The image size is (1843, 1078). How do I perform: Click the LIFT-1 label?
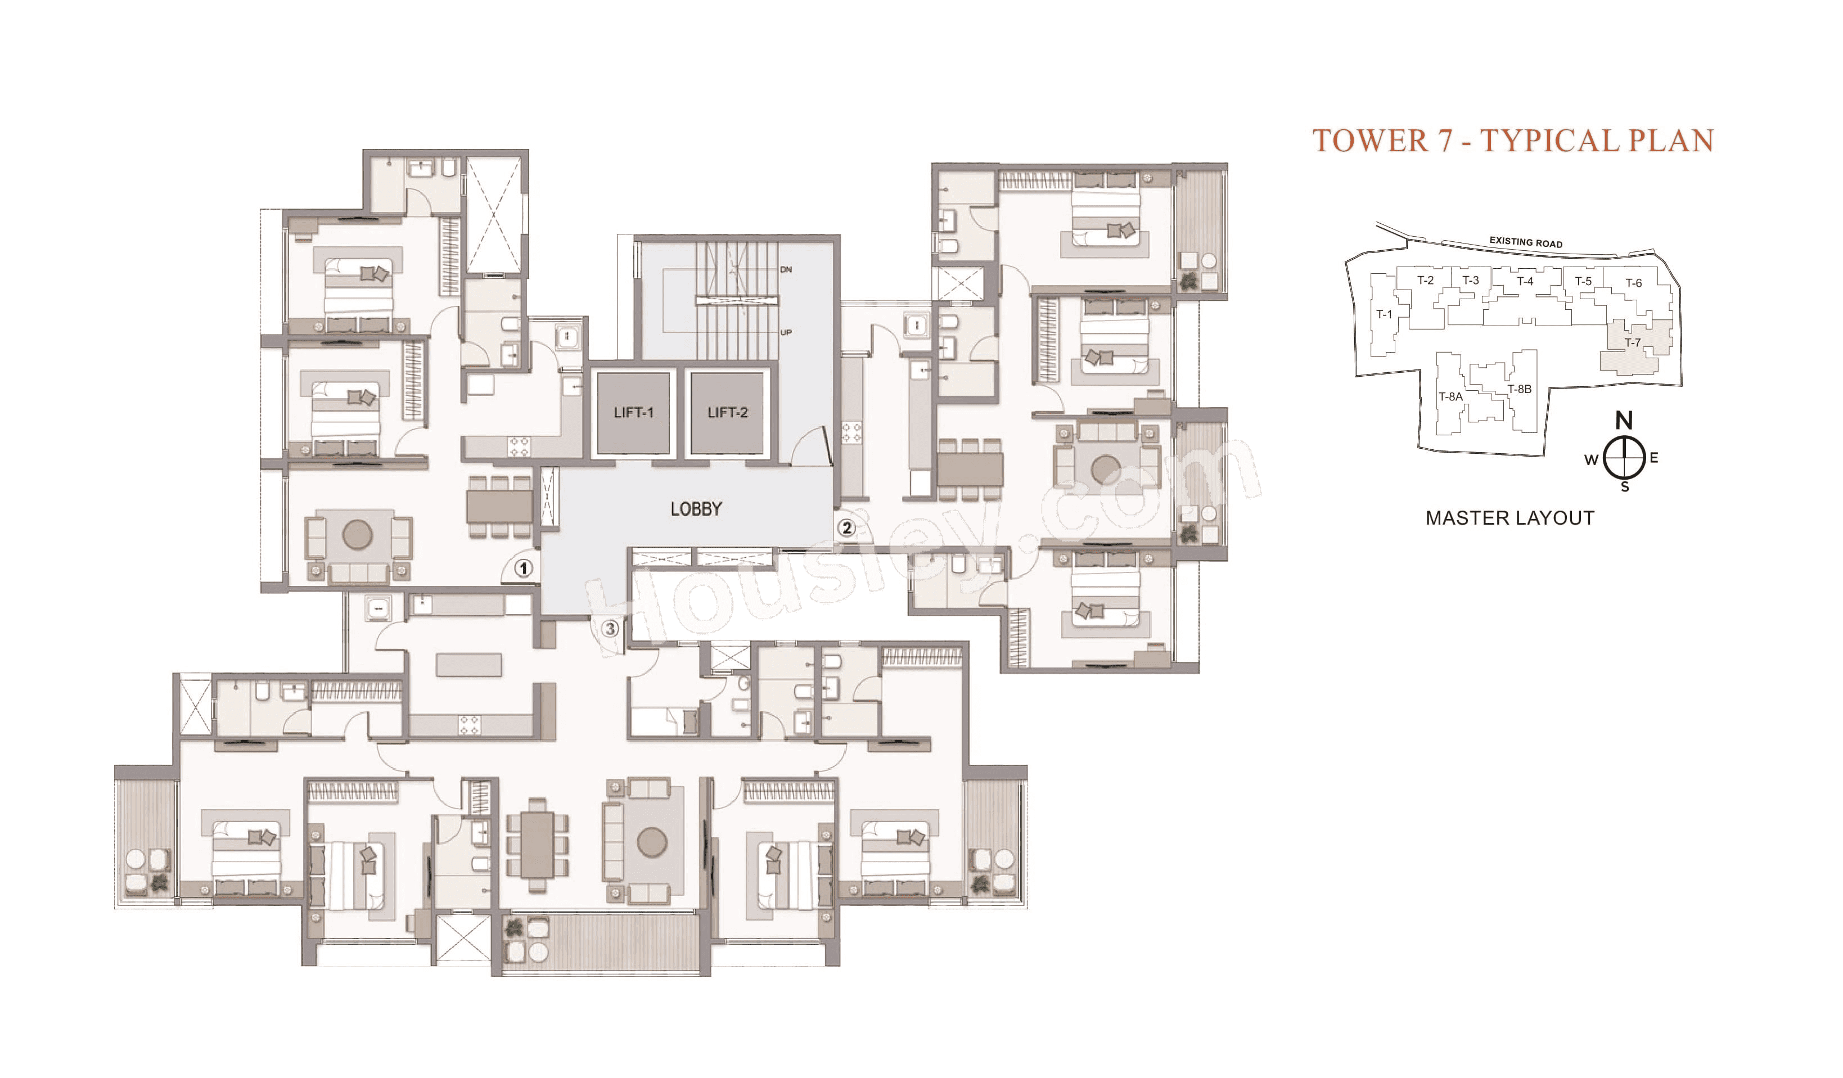(x=633, y=413)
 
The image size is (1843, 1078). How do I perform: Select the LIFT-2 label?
(x=727, y=413)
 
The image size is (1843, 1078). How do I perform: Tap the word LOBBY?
(x=696, y=509)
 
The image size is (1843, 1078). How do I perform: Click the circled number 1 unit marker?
(x=523, y=569)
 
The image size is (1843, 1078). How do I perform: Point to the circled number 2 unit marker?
(x=846, y=527)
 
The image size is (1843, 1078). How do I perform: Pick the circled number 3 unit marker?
(x=610, y=628)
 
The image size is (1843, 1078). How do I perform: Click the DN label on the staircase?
(x=786, y=270)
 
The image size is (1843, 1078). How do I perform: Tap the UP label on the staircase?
(x=786, y=333)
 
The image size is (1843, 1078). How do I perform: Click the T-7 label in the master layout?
(x=1632, y=342)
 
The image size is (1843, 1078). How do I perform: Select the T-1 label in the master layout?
(x=1384, y=314)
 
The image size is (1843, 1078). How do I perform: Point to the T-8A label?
(x=1450, y=397)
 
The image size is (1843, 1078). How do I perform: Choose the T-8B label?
(x=1519, y=389)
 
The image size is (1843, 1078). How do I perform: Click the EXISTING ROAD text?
(x=1526, y=242)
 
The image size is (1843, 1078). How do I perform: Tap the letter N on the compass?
(x=1624, y=421)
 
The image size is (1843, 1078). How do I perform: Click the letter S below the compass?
(x=1625, y=487)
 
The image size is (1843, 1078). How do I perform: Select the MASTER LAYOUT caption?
(x=1509, y=518)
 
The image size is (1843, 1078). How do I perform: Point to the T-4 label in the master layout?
(x=1525, y=281)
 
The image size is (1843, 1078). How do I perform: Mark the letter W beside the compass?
(x=1590, y=460)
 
